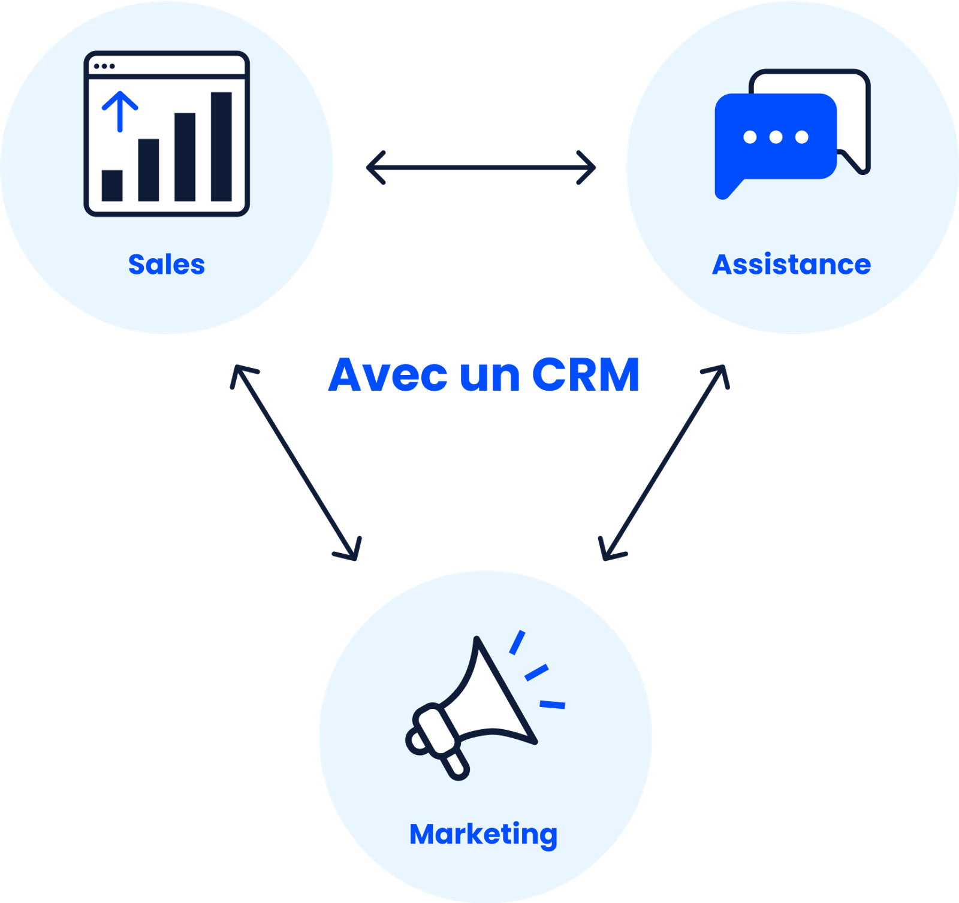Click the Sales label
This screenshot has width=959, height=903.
point(167,264)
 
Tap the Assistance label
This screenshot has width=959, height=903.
point(791,264)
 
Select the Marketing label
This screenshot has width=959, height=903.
point(483,834)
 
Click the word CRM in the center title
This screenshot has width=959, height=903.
point(586,375)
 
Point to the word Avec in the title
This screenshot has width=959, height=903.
point(388,375)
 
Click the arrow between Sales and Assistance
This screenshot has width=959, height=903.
point(481,167)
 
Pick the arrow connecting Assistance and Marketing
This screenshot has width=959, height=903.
point(664,463)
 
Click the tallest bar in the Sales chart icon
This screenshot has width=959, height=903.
point(221,146)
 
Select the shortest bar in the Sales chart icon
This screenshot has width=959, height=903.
point(112,185)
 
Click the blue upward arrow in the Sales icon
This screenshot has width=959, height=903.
point(120,111)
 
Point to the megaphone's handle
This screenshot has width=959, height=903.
point(456,764)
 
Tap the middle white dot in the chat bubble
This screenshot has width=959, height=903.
point(776,137)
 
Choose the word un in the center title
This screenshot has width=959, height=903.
point(490,375)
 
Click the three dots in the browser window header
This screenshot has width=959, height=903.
point(104,66)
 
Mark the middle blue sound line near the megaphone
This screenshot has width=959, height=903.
point(536,672)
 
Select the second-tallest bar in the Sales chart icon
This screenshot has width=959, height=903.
point(185,157)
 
